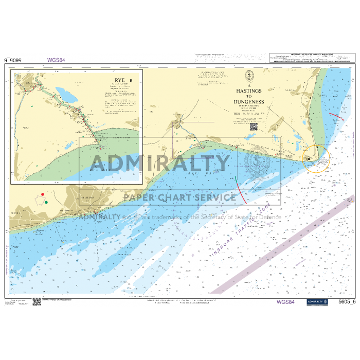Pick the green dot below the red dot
pyautogui.click(x=46, y=202)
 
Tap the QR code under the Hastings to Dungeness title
pyautogui.click(x=253, y=127)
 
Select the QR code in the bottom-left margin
pyautogui.click(x=37, y=301)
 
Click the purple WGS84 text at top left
pyautogui.click(x=56, y=60)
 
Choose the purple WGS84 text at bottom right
pyautogui.click(x=286, y=301)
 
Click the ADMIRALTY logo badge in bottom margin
pyautogui.click(x=317, y=301)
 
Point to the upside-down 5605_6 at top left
pyautogui.click(x=14, y=60)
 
